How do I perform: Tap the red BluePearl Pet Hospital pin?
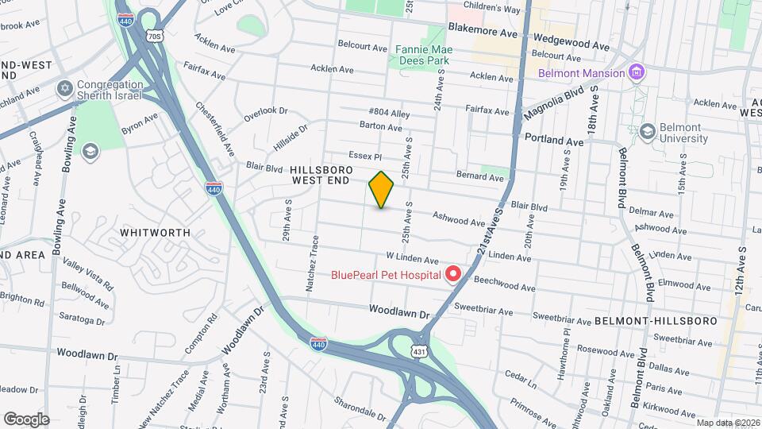[453, 275]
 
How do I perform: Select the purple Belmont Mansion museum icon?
[635, 73]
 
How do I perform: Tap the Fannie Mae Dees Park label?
[423, 53]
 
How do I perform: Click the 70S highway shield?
[154, 37]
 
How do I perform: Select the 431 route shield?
[419, 350]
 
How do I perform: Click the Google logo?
[26, 419]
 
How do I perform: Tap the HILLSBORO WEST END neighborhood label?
[320, 176]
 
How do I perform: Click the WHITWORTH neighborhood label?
[155, 233]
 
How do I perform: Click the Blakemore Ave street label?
[483, 26]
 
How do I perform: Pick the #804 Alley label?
[389, 114]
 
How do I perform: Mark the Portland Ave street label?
[554, 141]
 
